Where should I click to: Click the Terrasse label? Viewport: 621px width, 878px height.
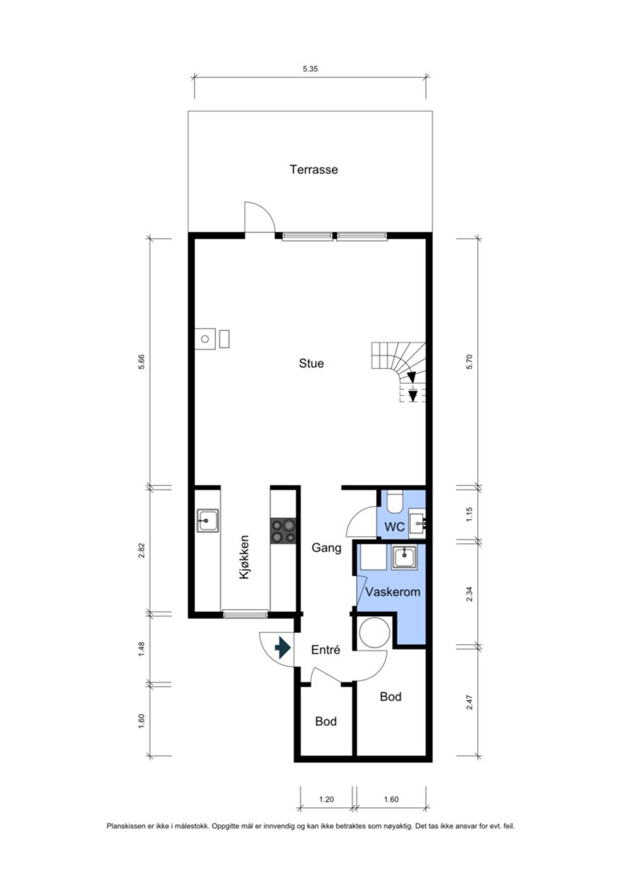[314, 170]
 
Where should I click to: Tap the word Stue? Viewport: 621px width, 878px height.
[311, 363]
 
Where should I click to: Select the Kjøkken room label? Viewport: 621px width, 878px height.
[244, 558]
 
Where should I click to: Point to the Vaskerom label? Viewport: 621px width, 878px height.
[393, 592]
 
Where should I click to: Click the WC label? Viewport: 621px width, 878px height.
[394, 527]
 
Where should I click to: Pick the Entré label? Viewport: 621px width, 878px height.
[325, 650]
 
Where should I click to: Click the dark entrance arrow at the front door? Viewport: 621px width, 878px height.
[283, 648]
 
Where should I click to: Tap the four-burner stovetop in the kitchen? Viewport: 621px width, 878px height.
[283, 531]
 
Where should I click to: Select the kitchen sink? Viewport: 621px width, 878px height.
[208, 521]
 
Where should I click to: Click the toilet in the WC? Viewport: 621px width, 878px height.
[394, 501]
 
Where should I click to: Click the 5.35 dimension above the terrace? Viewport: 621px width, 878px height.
[310, 69]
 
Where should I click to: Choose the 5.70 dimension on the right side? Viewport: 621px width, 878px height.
[469, 361]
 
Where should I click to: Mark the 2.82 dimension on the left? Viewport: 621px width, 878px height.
[141, 550]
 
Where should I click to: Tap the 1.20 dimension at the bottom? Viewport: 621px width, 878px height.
[326, 799]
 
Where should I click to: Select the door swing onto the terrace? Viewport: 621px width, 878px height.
[260, 217]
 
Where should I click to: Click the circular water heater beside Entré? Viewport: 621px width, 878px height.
[375, 633]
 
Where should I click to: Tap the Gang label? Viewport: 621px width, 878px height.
[326, 548]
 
